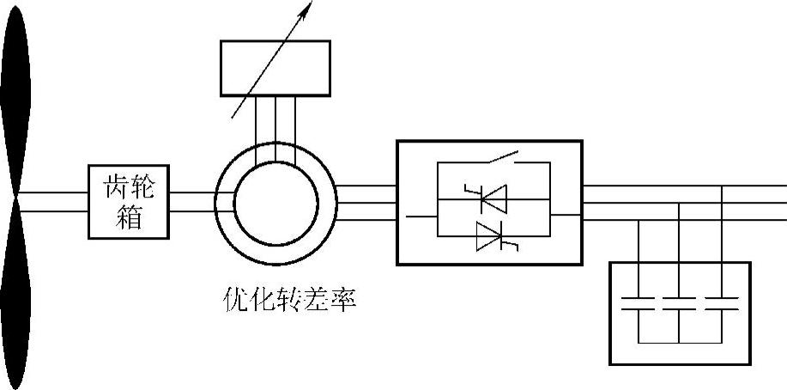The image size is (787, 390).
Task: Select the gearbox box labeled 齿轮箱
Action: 130,201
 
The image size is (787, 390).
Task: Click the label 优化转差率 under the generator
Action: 288,300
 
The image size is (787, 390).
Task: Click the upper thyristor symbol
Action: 490,199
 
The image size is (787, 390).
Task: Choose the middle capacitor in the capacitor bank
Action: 679,305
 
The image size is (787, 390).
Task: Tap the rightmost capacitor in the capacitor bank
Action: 721,305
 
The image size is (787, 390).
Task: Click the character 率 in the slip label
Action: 342,300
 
